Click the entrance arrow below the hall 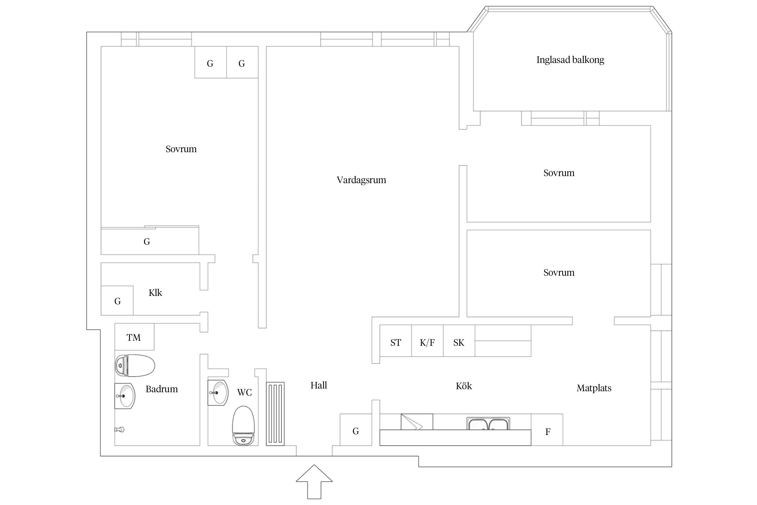point(314,483)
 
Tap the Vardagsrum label point(361,180)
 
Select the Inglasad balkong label point(570,60)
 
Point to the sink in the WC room point(217,393)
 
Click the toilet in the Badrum point(135,365)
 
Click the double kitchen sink point(488,424)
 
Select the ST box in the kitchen point(396,342)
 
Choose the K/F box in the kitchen point(427,342)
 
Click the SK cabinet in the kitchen point(459,342)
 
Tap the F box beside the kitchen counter point(547,431)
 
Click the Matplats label point(594,388)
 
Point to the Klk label point(155,293)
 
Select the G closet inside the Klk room point(117,301)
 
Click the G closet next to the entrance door point(356,431)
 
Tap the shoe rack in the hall point(275,414)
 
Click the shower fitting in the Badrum point(119,430)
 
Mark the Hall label point(319,385)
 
